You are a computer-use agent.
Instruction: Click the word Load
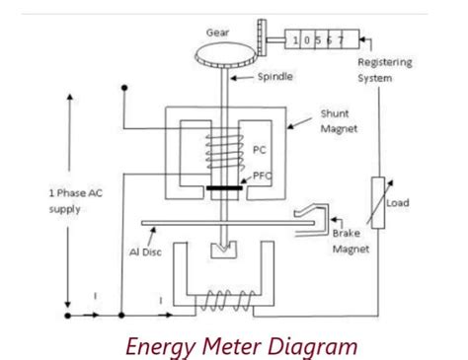coord(398,203)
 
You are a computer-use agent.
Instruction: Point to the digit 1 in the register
coord(295,40)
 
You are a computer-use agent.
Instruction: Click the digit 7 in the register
coord(342,40)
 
